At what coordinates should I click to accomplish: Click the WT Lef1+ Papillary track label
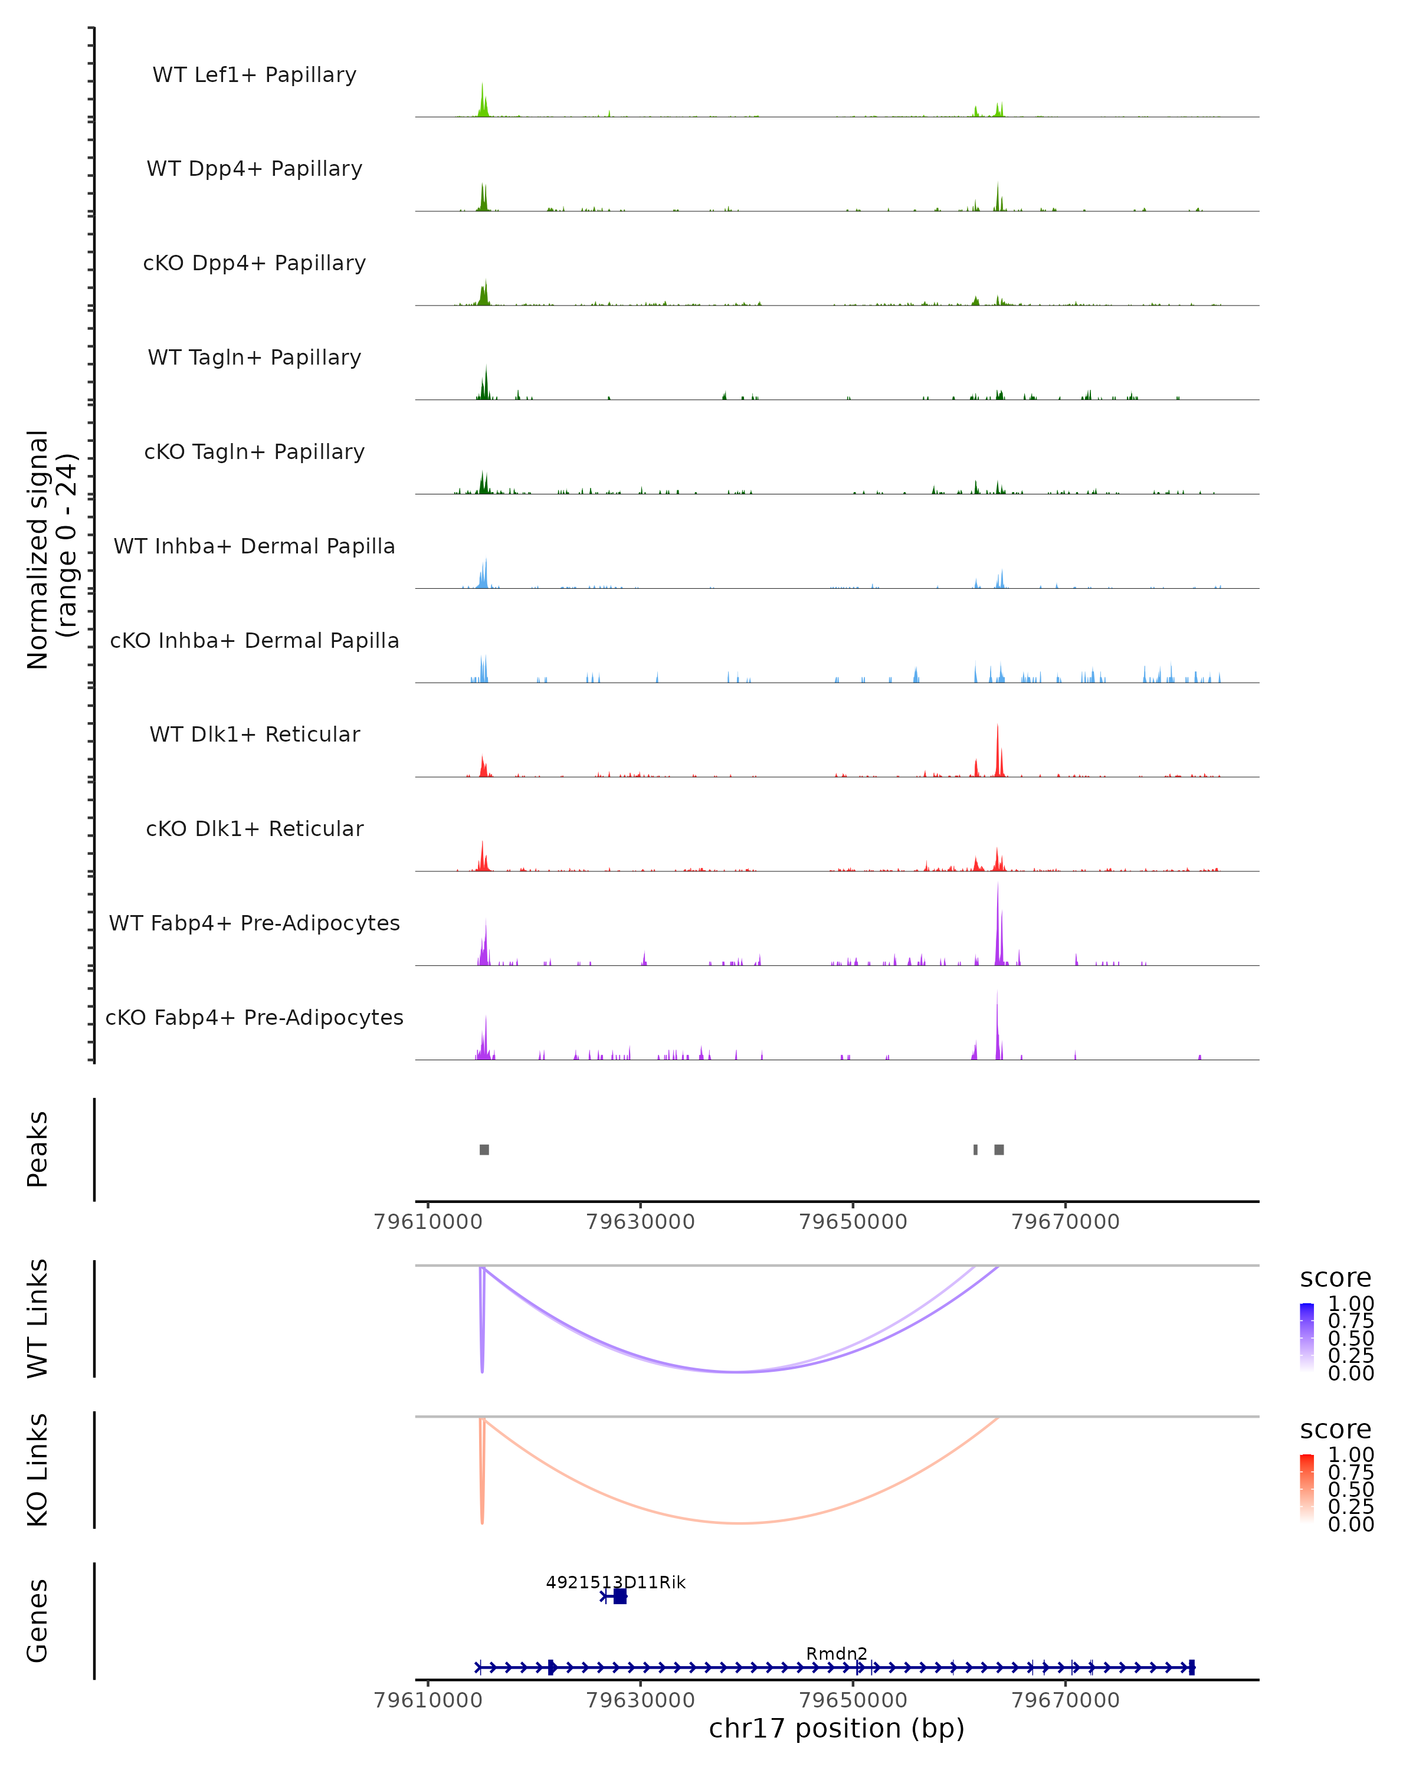tap(254, 75)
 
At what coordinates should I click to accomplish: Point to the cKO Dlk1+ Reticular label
tap(254, 828)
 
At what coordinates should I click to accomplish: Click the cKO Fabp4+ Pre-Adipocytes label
tap(254, 1017)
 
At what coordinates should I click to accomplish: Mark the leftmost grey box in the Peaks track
tap(484, 1149)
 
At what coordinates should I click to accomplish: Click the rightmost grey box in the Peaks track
tap(999, 1149)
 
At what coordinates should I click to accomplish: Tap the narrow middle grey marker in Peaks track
tap(975, 1149)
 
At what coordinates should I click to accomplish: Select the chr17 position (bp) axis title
tap(837, 1728)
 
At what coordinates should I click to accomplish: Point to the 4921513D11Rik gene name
tap(615, 1582)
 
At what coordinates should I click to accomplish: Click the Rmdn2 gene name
tap(837, 1653)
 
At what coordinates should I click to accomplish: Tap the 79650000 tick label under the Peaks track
tap(853, 1222)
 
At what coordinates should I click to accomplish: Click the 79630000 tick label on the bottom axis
tap(640, 1699)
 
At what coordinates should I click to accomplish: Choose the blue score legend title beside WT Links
tap(1336, 1277)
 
